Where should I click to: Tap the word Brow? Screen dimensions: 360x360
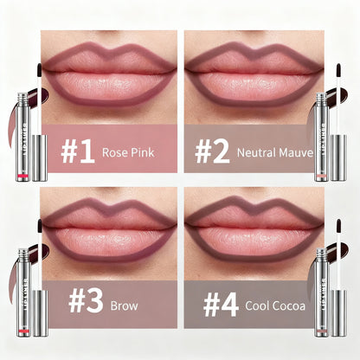click(124, 305)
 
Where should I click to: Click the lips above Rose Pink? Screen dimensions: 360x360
click(109, 74)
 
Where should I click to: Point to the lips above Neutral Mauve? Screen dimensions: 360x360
click(251, 74)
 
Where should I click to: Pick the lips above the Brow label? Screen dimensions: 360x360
click(109, 229)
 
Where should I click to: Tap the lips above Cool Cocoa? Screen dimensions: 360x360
click(251, 229)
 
